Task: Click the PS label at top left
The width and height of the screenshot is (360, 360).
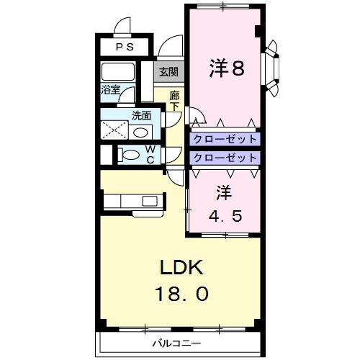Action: [125, 48]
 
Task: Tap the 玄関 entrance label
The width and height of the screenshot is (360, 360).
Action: [168, 71]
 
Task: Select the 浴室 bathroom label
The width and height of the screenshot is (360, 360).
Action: [110, 91]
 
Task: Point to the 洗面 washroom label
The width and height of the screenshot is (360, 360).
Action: [141, 114]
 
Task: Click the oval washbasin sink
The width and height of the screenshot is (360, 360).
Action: [142, 132]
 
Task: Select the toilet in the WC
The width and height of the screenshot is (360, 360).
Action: [130, 155]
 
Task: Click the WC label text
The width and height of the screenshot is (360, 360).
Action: [150, 155]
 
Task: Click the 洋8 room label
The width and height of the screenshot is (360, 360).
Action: [227, 68]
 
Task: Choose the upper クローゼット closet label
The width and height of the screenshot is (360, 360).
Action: [224, 139]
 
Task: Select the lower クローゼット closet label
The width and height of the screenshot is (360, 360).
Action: [224, 157]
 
